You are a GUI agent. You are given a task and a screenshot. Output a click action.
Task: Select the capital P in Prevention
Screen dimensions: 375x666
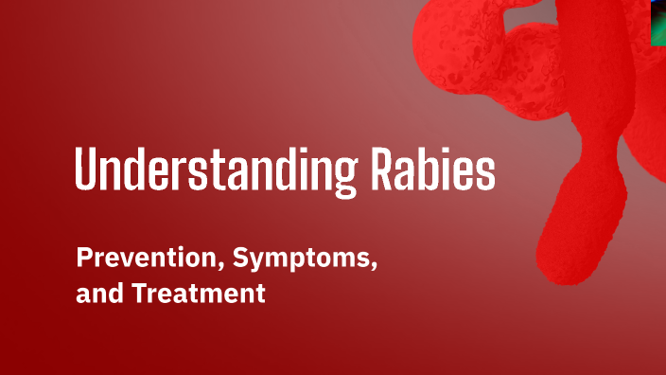click(83, 257)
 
